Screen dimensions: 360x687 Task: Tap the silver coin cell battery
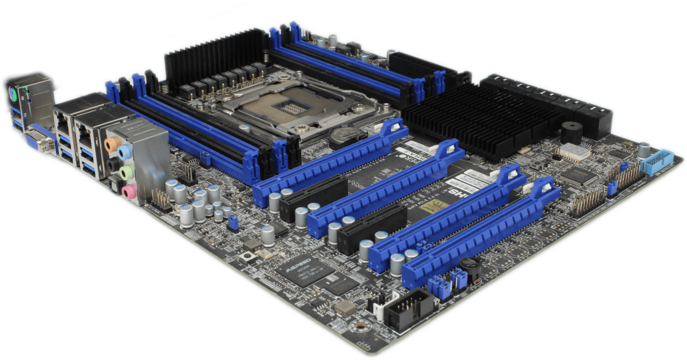[345, 135]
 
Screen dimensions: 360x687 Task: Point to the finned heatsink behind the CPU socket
[215, 54]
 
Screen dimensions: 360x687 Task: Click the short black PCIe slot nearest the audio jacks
[314, 198]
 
